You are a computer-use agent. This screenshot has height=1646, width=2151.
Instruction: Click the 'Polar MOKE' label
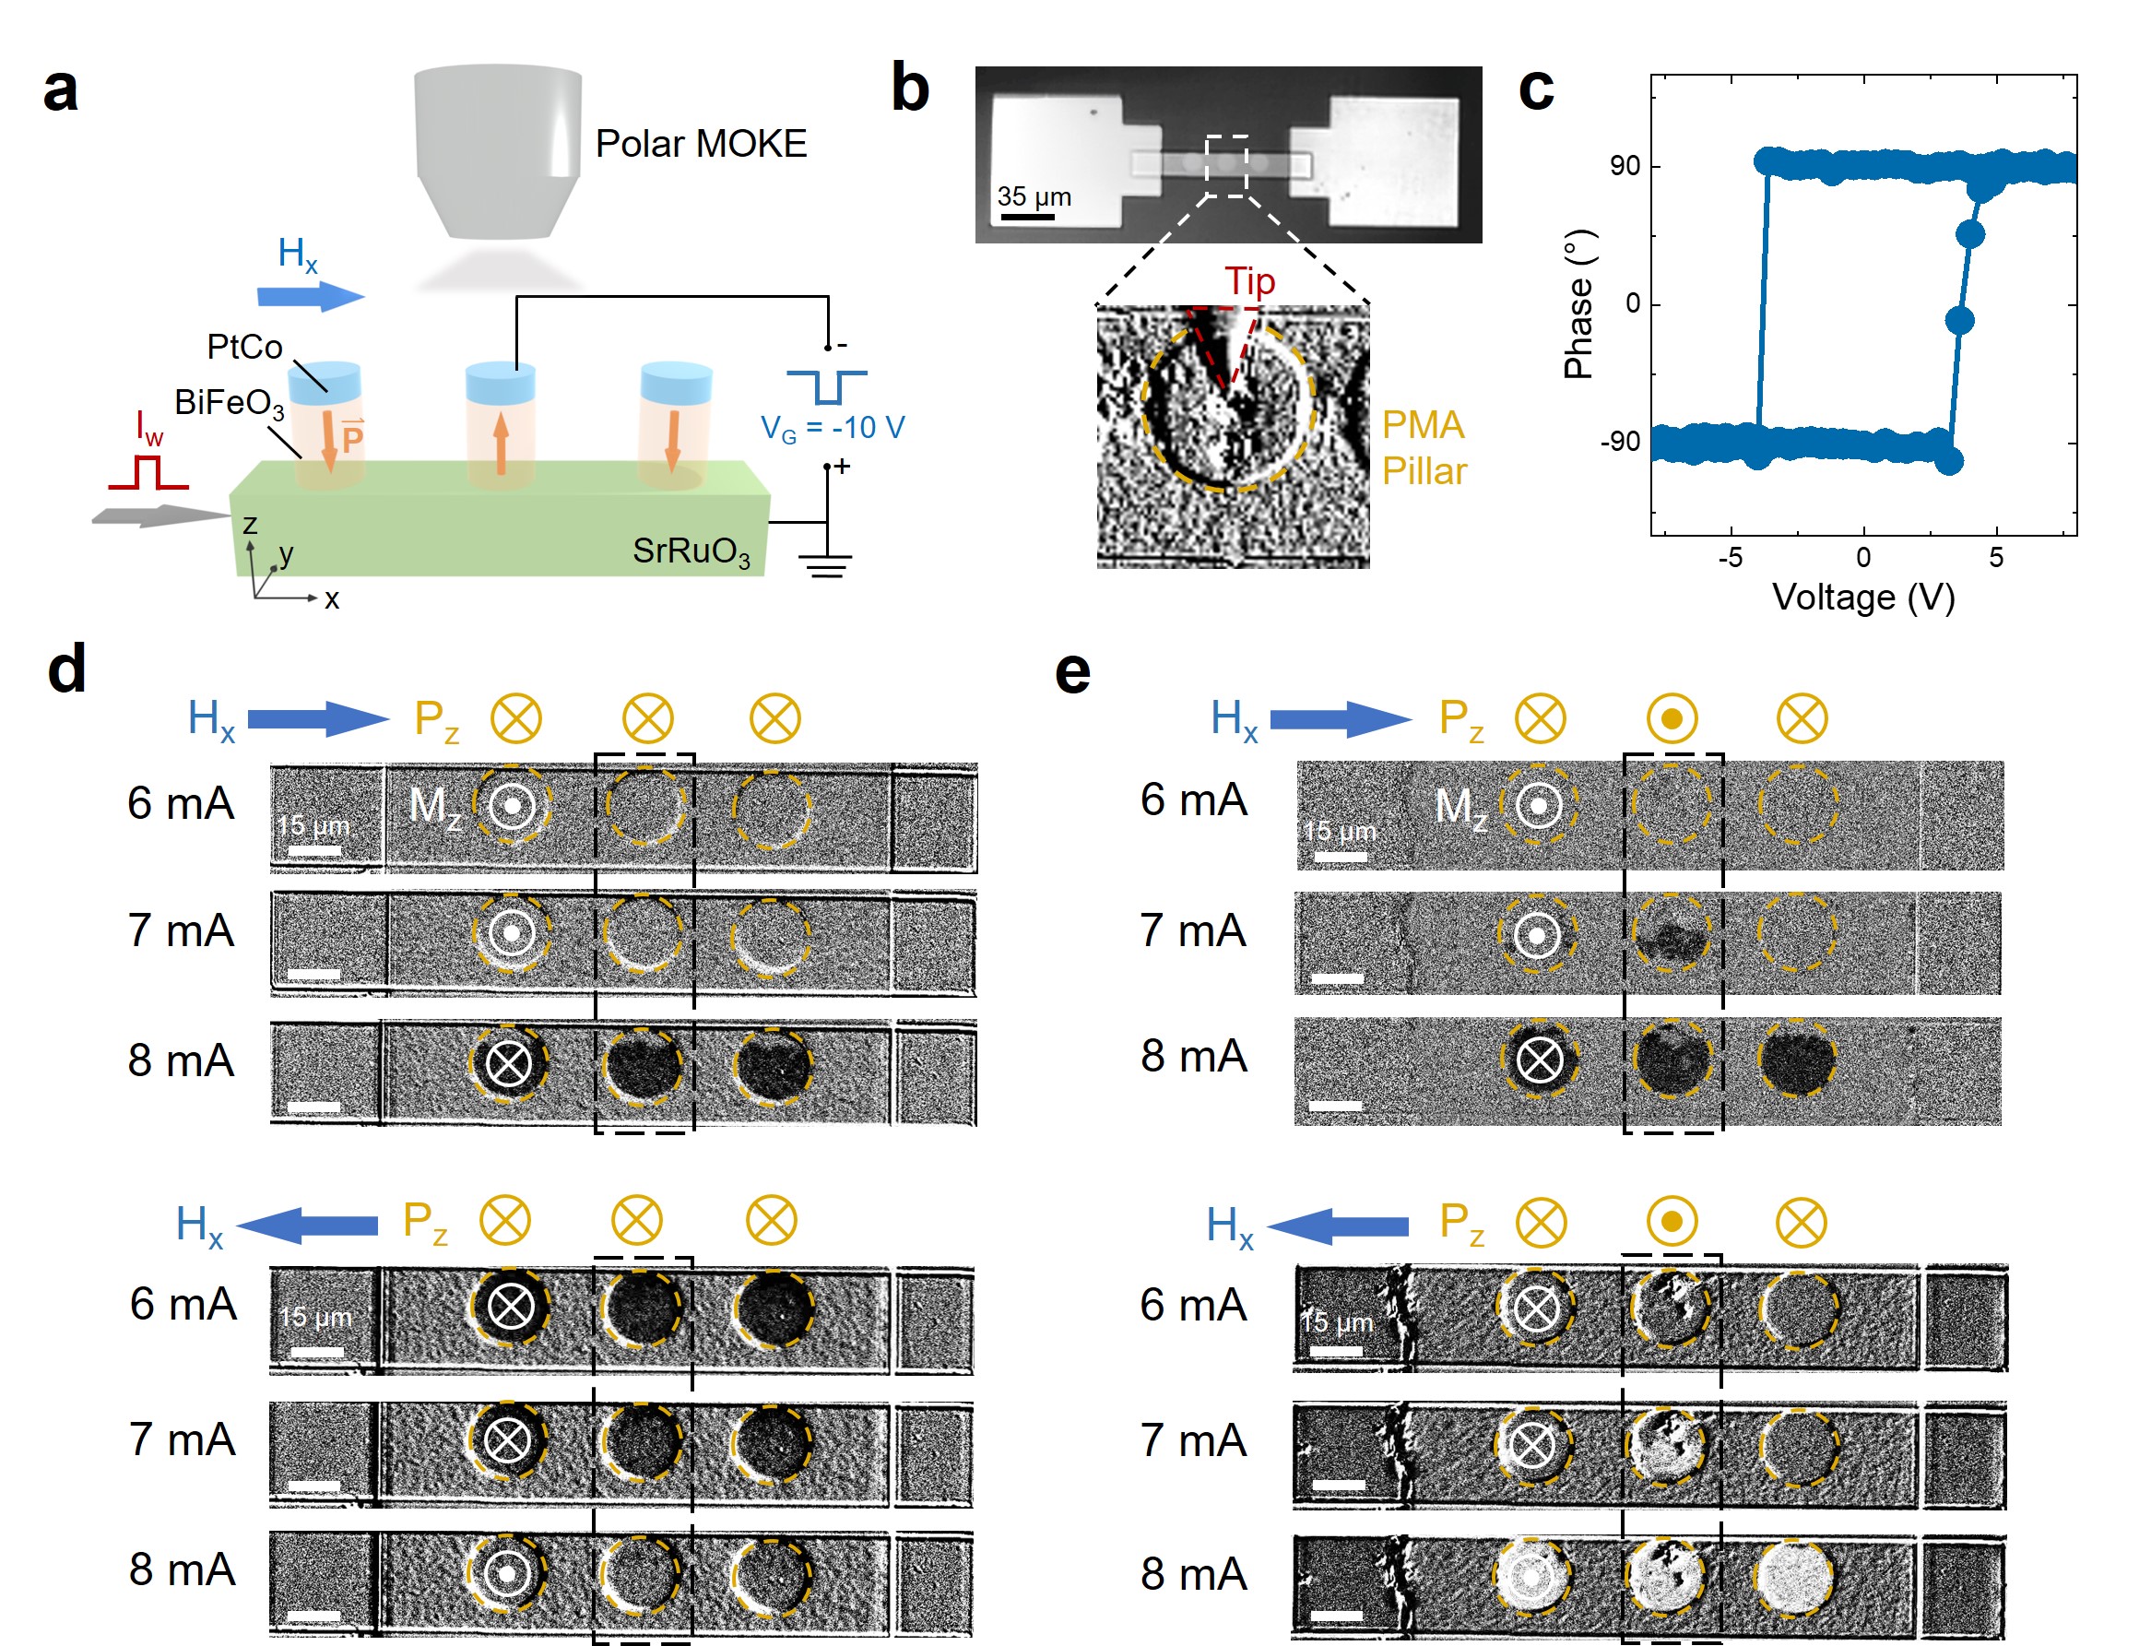701,144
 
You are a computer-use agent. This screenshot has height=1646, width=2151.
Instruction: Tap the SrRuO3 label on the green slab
691,551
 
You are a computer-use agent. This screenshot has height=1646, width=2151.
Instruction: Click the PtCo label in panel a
244,347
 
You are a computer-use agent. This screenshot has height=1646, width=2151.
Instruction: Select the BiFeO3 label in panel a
229,403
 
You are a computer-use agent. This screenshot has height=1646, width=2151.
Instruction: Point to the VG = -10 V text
832,428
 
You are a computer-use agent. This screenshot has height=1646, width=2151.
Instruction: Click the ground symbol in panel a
826,565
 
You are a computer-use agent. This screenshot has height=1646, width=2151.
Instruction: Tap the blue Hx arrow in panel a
311,296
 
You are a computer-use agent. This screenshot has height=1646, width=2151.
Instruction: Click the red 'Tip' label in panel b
1249,281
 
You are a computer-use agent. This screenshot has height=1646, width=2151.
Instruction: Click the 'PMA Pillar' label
1424,448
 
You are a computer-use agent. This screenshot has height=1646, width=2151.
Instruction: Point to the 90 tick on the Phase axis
1624,166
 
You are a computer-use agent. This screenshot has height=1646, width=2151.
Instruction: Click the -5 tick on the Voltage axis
1731,558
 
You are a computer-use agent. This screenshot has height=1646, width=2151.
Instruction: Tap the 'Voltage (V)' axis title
1863,597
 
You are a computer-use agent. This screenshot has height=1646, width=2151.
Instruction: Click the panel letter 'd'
66,669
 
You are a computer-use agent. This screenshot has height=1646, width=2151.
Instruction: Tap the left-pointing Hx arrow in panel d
308,1225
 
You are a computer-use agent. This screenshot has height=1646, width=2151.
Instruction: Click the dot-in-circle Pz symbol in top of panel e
1671,719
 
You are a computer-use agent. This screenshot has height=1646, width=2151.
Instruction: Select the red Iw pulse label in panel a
148,427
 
